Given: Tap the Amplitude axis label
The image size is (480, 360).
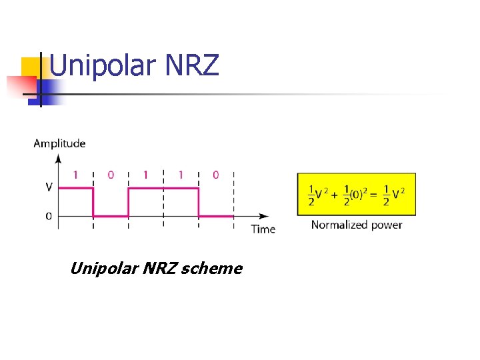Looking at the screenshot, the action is (59, 143).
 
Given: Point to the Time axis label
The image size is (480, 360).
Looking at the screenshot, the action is (263, 229).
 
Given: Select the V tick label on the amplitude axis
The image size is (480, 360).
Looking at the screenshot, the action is (49, 187).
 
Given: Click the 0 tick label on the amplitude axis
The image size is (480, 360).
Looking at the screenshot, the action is (49, 216).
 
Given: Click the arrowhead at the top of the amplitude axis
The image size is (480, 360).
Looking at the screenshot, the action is (59, 159).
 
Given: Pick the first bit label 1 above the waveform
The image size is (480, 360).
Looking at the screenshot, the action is (75, 175).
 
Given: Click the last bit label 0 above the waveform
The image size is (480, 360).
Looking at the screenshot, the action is (215, 175).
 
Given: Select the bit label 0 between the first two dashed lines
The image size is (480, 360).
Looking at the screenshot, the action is (111, 175).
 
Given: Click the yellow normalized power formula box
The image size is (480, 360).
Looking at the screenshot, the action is (357, 194).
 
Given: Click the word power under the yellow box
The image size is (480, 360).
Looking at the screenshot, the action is (387, 225).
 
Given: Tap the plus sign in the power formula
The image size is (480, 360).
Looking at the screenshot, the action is (335, 195).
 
